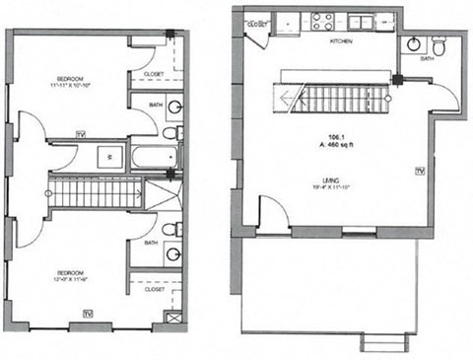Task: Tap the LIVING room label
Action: click(x=331, y=180)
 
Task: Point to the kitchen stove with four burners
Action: click(x=322, y=20)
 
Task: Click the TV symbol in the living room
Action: click(x=419, y=172)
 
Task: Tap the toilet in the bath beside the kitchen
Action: click(x=439, y=44)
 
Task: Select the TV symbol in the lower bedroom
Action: click(x=88, y=313)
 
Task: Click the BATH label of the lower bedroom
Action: click(x=150, y=242)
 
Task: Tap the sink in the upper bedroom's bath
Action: click(x=172, y=107)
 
